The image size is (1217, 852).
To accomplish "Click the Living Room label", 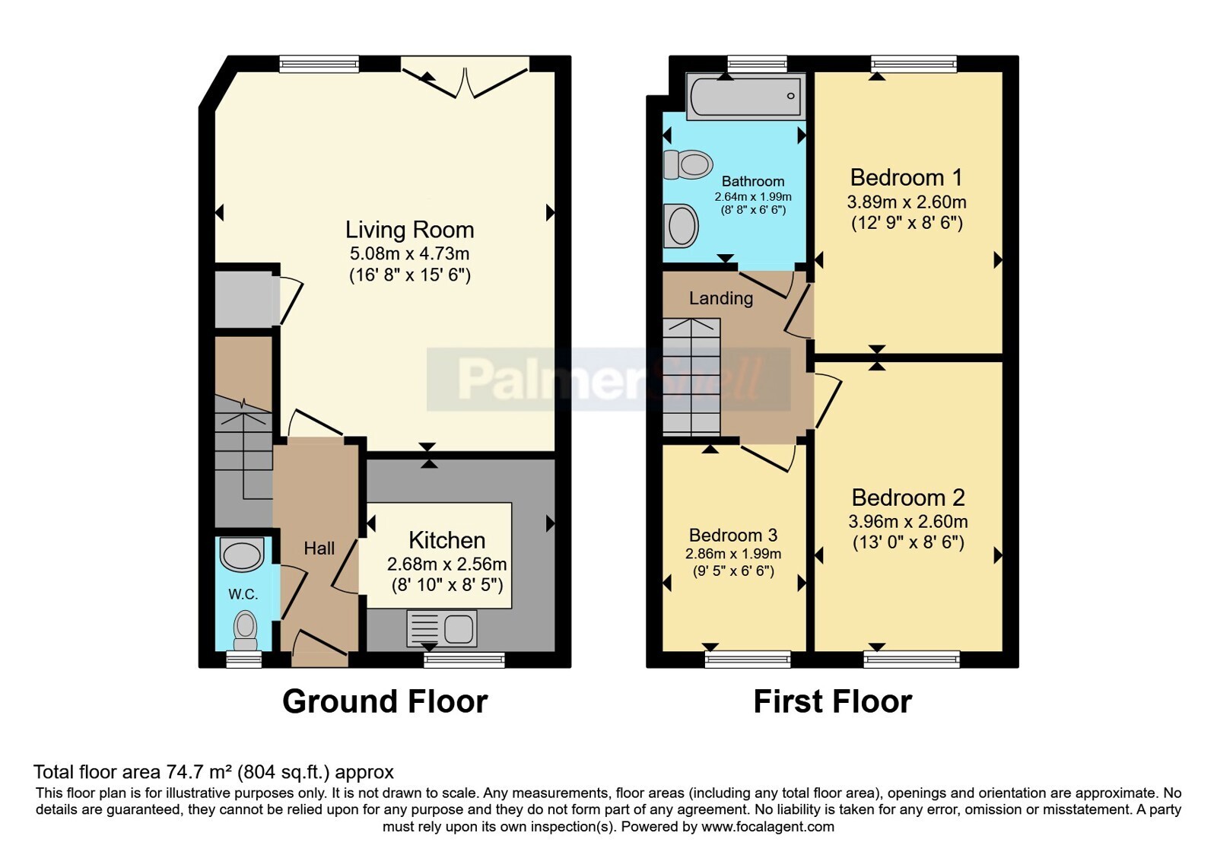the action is [410, 230].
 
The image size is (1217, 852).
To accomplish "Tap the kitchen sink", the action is [442, 628].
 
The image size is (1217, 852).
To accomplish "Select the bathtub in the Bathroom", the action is [746, 96].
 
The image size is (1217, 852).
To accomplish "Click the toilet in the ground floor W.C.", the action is [245, 631].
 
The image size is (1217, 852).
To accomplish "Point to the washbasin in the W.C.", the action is [242, 555].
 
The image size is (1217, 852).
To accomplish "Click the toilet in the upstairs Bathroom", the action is [688, 164].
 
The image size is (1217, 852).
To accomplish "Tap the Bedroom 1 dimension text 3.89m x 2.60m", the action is [907, 202].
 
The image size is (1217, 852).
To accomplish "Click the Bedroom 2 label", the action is [908, 498].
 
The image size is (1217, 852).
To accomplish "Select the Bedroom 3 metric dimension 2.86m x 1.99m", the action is [733, 554].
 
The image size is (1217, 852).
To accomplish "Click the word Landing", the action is [721, 298].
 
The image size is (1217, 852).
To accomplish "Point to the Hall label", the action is [319, 548].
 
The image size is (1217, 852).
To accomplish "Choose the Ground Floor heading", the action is [385, 701].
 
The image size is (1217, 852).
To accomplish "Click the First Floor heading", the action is [833, 701].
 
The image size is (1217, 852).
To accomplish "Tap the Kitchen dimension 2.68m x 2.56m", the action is [446, 564].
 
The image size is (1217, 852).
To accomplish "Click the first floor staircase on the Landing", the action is [691, 377].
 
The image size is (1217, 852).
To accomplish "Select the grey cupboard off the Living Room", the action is [244, 300].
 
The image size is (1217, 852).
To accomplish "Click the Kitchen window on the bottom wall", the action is [464, 660].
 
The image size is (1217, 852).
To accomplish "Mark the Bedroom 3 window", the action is [748, 659].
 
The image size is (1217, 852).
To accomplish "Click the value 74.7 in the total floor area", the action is [180, 771].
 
